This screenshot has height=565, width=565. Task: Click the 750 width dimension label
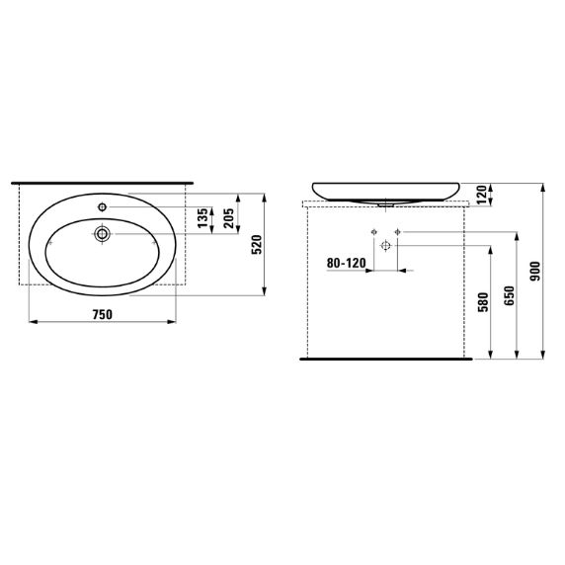coord(102,313)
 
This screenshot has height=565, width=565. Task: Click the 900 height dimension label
coord(534,270)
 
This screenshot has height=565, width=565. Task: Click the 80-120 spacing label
coord(345,265)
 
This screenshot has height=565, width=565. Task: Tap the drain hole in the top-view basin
coord(102,235)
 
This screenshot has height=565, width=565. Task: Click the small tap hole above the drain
coord(102,207)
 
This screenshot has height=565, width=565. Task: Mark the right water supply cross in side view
coord(397,231)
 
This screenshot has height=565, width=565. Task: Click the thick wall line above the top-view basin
coord(104,184)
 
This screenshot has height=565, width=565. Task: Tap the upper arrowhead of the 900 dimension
coord(543,187)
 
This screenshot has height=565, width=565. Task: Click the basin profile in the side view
coord(386,191)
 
